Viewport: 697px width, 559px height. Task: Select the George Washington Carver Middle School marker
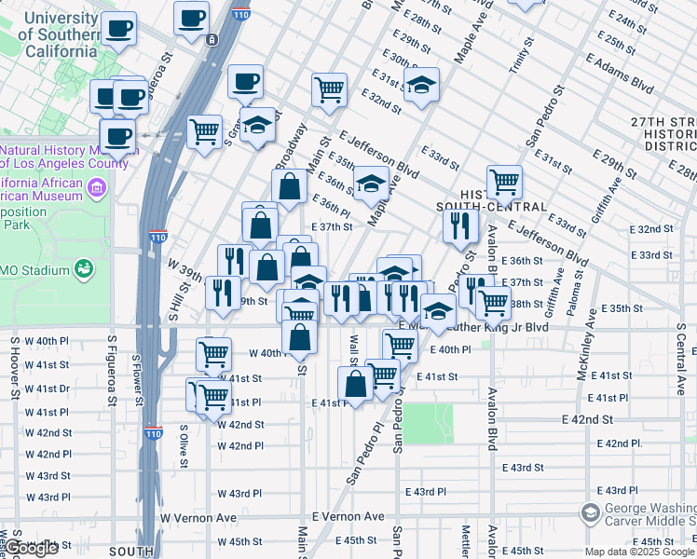pos(589,513)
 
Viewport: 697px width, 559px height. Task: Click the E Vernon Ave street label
pos(348,516)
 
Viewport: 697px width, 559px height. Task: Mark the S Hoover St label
pos(15,367)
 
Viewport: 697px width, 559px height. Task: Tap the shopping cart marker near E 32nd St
pos(329,90)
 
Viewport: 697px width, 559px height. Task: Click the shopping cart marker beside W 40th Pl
pos(213,355)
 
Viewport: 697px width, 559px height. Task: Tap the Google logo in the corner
pos(33,549)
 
